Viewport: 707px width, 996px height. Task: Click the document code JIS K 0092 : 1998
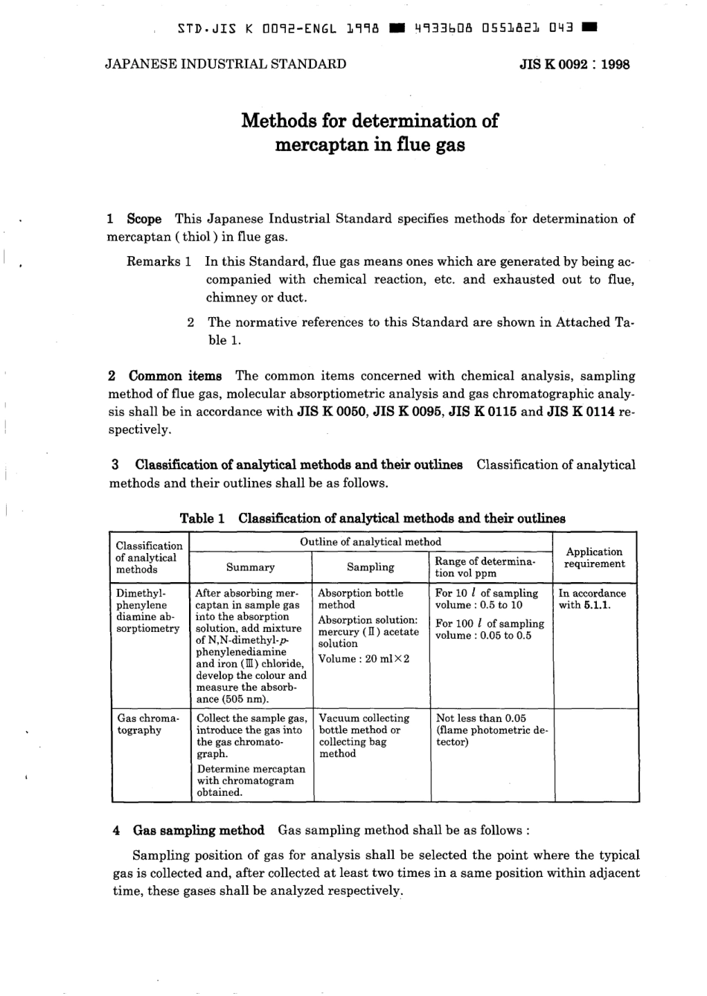coord(575,64)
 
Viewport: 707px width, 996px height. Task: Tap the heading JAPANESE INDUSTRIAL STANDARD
coord(225,64)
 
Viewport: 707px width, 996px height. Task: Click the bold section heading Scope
coord(144,219)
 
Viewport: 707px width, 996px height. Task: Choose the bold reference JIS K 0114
coord(580,412)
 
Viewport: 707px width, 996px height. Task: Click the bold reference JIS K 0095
coord(408,412)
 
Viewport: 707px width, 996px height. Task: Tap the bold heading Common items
coord(175,376)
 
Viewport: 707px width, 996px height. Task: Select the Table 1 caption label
coord(202,518)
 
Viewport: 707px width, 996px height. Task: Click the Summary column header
coord(250,567)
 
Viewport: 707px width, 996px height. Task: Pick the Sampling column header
coord(371,567)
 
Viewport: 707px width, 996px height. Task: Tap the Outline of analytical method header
coord(371,542)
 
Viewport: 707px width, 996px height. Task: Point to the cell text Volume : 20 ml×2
coord(364,659)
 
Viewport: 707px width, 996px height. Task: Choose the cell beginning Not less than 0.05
coord(481,718)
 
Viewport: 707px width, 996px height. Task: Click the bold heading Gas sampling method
coord(198,830)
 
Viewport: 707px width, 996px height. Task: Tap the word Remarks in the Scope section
coord(153,261)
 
